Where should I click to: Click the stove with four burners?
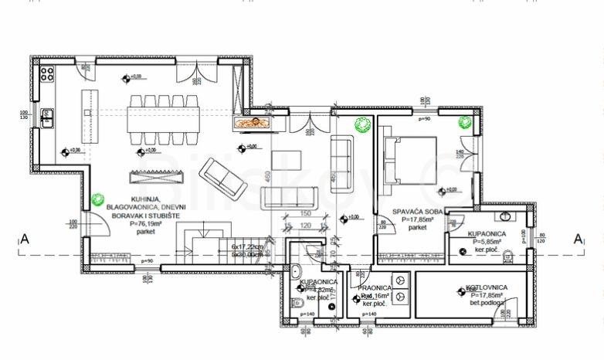pos(46,74)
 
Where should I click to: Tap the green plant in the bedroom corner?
pos(465,121)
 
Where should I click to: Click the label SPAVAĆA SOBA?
pos(417,212)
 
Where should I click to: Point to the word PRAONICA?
pos(374,288)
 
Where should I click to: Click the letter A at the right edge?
pos(576,239)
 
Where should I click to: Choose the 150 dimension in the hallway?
pos(304,213)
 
